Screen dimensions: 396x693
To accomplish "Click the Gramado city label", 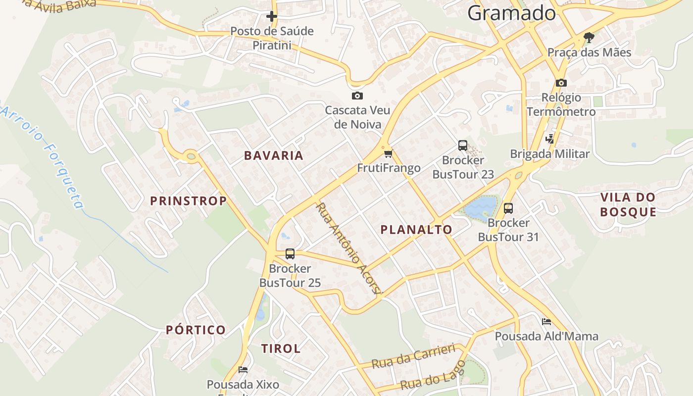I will (511, 13).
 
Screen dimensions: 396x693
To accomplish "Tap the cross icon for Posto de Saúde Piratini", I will (271, 16).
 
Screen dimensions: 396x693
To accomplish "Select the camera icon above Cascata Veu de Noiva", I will (357, 96).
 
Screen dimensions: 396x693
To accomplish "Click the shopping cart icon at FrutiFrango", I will (389, 153).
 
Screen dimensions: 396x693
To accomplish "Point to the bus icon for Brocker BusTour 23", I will (463, 146).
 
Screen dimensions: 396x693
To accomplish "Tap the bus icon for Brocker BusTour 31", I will (508, 208).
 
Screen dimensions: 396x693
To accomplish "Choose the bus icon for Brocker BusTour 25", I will (290, 254).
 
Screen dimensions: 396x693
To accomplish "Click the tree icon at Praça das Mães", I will (589, 37).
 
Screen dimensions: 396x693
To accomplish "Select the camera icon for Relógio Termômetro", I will (561, 83).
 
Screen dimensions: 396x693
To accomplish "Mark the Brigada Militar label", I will (549, 154).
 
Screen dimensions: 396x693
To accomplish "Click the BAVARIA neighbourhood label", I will (274, 155).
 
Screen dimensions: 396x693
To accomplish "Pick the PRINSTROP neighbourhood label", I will (189, 201).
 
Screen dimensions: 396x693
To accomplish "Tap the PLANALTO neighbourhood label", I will (416, 230).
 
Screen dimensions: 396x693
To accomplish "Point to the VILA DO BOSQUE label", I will (628, 205).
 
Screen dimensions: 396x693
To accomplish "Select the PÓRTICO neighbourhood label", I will (196, 330).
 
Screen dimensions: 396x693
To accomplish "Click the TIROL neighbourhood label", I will (281, 348).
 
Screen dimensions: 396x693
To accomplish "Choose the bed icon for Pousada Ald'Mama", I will (546, 322).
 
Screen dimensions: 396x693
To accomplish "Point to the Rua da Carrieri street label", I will (413, 356).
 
